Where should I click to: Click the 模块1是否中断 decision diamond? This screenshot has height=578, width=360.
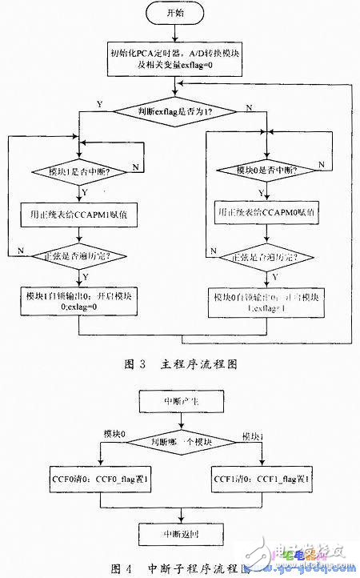point(80,171)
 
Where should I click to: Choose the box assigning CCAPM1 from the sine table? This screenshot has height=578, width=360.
point(80,214)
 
